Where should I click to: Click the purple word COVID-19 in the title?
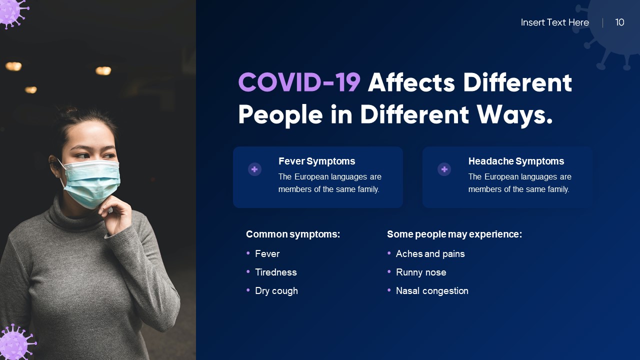click(x=299, y=82)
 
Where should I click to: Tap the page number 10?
click(x=619, y=22)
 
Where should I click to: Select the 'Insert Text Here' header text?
click(x=554, y=22)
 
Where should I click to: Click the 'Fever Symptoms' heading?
click(x=316, y=161)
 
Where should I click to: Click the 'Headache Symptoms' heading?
click(x=516, y=161)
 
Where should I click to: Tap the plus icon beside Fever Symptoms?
click(x=254, y=169)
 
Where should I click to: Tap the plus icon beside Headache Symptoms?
click(x=444, y=169)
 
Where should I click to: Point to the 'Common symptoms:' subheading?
click(x=293, y=234)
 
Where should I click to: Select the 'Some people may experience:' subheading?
click(x=454, y=234)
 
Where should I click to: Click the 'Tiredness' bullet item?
click(x=275, y=272)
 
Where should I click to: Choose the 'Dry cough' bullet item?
click(x=276, y=290)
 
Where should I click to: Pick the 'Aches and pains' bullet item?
click(x=430, y=253)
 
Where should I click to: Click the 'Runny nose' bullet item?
click(x=421, y=272)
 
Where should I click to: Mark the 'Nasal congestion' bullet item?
click(x=432, y=290)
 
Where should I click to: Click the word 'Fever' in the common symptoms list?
click(x=267, y=253)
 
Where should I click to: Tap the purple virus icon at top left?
click(x=11, y=11)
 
